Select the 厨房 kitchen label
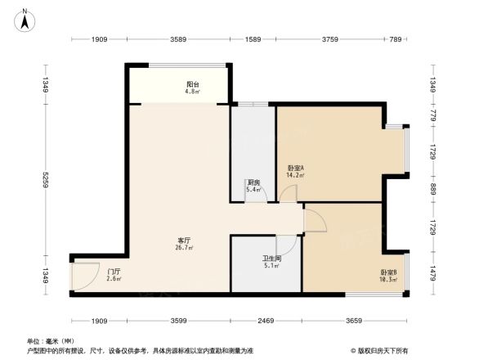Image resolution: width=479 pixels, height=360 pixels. [253, 185]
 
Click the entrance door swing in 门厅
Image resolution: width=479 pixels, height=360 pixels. [83, 277]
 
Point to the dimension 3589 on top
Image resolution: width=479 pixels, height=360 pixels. [178, 38]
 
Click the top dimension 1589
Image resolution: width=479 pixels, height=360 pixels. [253, 38]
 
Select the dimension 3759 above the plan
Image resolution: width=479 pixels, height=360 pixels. [330, 38]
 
